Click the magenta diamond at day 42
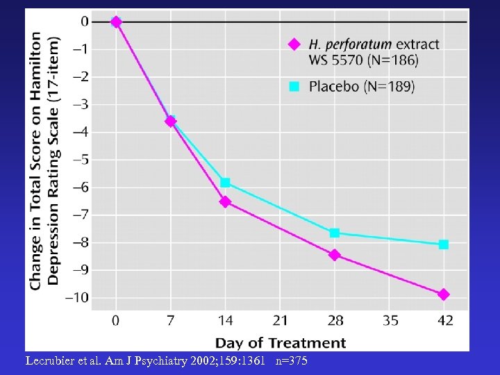[443, 294]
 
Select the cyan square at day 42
[443, 244]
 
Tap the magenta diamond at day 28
[335, 255]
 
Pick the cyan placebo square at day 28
[335, 233]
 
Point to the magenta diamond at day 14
[225, 202]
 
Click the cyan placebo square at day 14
[225, 183]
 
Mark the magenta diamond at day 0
[116, 22]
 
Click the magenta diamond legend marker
[294, 44]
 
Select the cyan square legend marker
[294, 87]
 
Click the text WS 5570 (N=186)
[363, 60]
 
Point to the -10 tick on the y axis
[76, 297]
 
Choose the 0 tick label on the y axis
[85, 22]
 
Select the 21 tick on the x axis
[279, 320]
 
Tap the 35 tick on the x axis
[389, 320]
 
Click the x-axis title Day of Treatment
[280, 342]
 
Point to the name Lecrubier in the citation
[51, 361]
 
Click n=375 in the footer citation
[291, 361]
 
